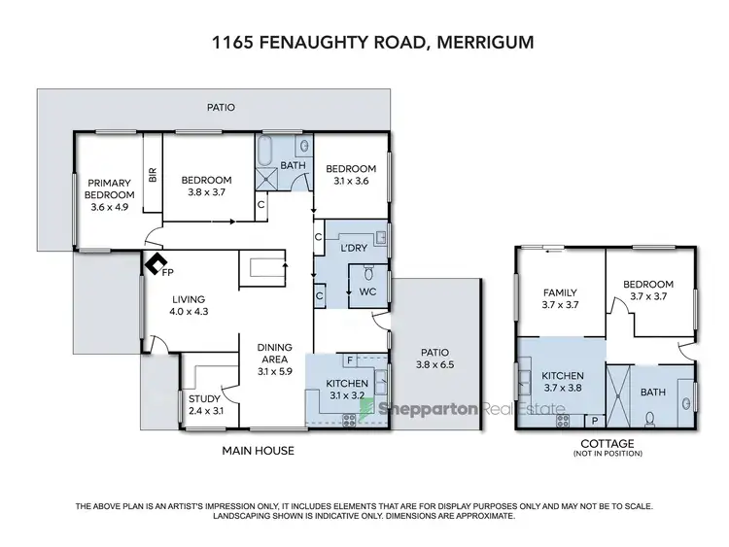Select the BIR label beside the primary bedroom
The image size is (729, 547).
(152, 175)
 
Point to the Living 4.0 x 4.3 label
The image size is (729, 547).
(191, 305)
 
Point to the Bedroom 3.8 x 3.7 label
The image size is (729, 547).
(206, 186)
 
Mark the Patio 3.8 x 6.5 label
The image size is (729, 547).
(434, 359)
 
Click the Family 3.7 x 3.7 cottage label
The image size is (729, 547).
(559, 299)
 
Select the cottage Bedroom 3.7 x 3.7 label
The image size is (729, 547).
(648, 291)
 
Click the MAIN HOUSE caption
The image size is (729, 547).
(258, 451)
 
